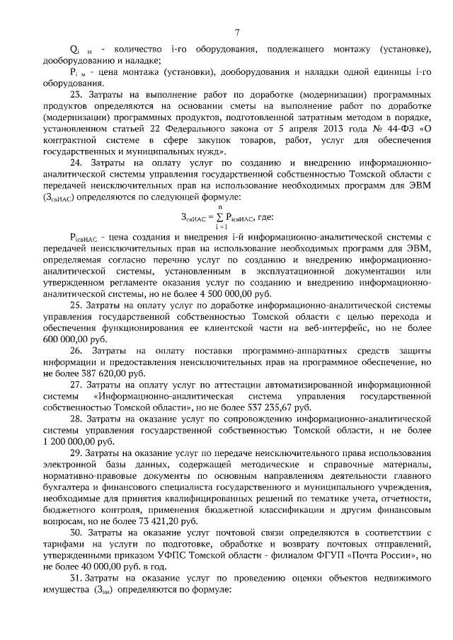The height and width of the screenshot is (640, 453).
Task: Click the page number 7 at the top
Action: (237, 32)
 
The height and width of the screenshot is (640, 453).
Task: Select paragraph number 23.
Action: (76, 94)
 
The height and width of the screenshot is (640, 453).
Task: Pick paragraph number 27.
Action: (76, 385)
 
